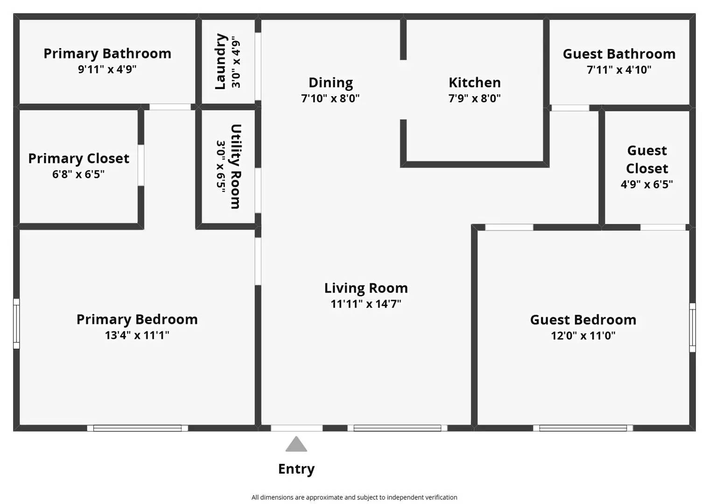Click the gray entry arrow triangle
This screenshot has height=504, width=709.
(x=296, y=445)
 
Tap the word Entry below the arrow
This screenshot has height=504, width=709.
(x=296, y=469)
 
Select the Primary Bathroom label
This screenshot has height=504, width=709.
(x=107, y=54)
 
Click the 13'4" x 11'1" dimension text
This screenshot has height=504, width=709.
(x=137, y=335)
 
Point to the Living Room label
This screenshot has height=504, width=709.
(x=366, y=288)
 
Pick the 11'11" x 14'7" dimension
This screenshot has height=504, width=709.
(x=366, y=304)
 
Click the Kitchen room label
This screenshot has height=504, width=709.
(x=474, y=83)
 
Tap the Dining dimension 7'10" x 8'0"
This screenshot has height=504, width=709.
(x=330, y=98)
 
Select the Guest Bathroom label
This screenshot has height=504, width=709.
(x=619, y=54)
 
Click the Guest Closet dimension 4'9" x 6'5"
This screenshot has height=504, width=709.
(x=646, y=184)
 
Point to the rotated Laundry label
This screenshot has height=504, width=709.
(x=220, y=62)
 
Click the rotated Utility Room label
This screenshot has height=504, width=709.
(x=236, y=167)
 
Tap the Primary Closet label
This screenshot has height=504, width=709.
(x=78, y=159)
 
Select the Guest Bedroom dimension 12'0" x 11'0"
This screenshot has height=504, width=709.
(x=583, y=336)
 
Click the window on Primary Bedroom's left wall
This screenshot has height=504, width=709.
(x=16, y=323)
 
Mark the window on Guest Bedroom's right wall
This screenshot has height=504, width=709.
(x=692, y=327)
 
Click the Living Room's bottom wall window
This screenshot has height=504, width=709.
(x=397, y=428)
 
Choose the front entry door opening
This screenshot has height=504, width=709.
(x=296, y=428)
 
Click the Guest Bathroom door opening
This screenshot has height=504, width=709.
(x=570, y=108)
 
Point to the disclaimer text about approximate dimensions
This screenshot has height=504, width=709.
(x=354, y=497)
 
